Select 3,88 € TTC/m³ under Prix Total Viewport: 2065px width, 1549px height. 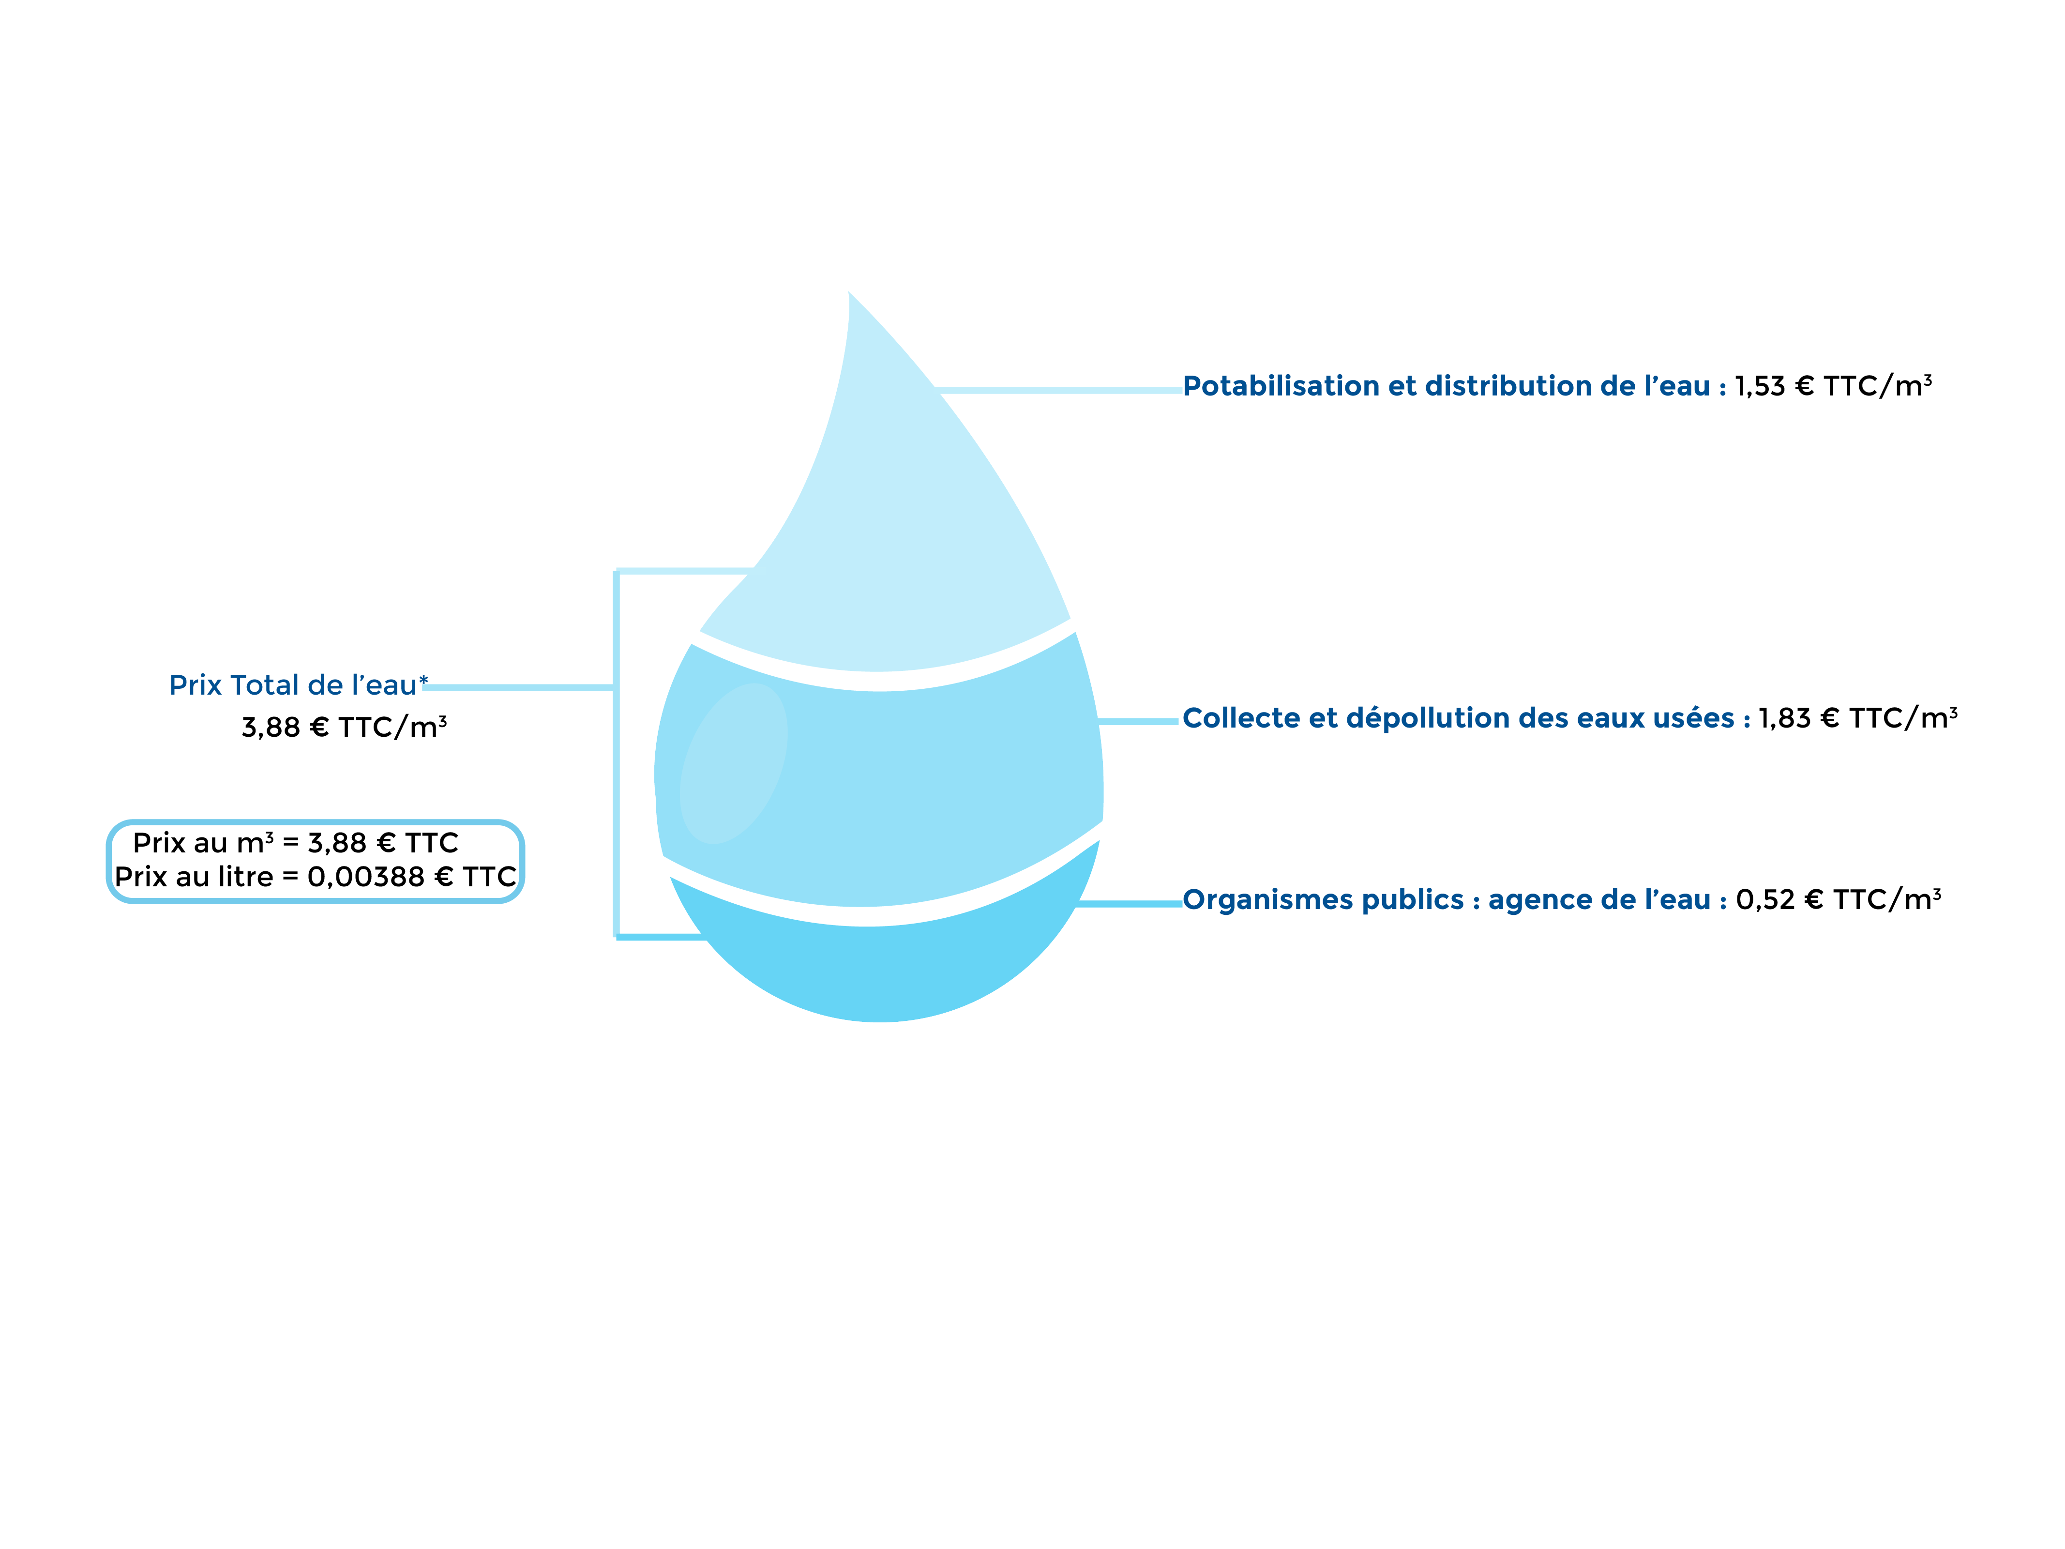pos(344,728)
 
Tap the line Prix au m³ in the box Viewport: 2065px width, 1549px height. pos(295,843)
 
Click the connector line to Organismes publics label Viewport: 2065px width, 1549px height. pos(1130,904)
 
